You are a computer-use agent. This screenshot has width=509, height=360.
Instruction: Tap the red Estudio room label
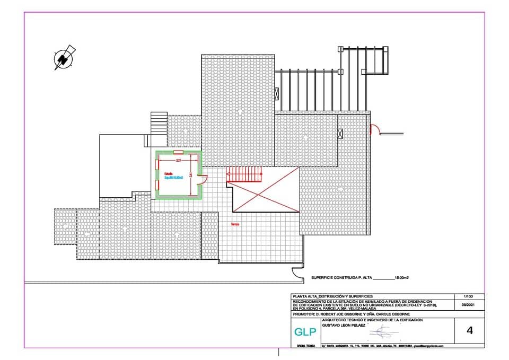click(168, 173)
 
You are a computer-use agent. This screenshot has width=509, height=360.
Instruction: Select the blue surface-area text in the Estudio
click(173, 178)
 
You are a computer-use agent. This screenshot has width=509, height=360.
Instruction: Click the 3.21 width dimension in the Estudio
click(179, 160)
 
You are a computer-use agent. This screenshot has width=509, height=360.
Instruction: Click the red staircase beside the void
click(244, 174)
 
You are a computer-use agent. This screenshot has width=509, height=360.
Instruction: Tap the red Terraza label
click(235, 224)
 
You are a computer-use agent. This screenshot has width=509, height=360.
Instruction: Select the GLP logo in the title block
click(305, 332)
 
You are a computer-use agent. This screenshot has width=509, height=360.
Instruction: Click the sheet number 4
click(469, 331)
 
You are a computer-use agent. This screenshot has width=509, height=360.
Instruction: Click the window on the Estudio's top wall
click(179, 153)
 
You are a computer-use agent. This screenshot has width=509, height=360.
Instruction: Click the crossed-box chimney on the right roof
click(340, 134)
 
